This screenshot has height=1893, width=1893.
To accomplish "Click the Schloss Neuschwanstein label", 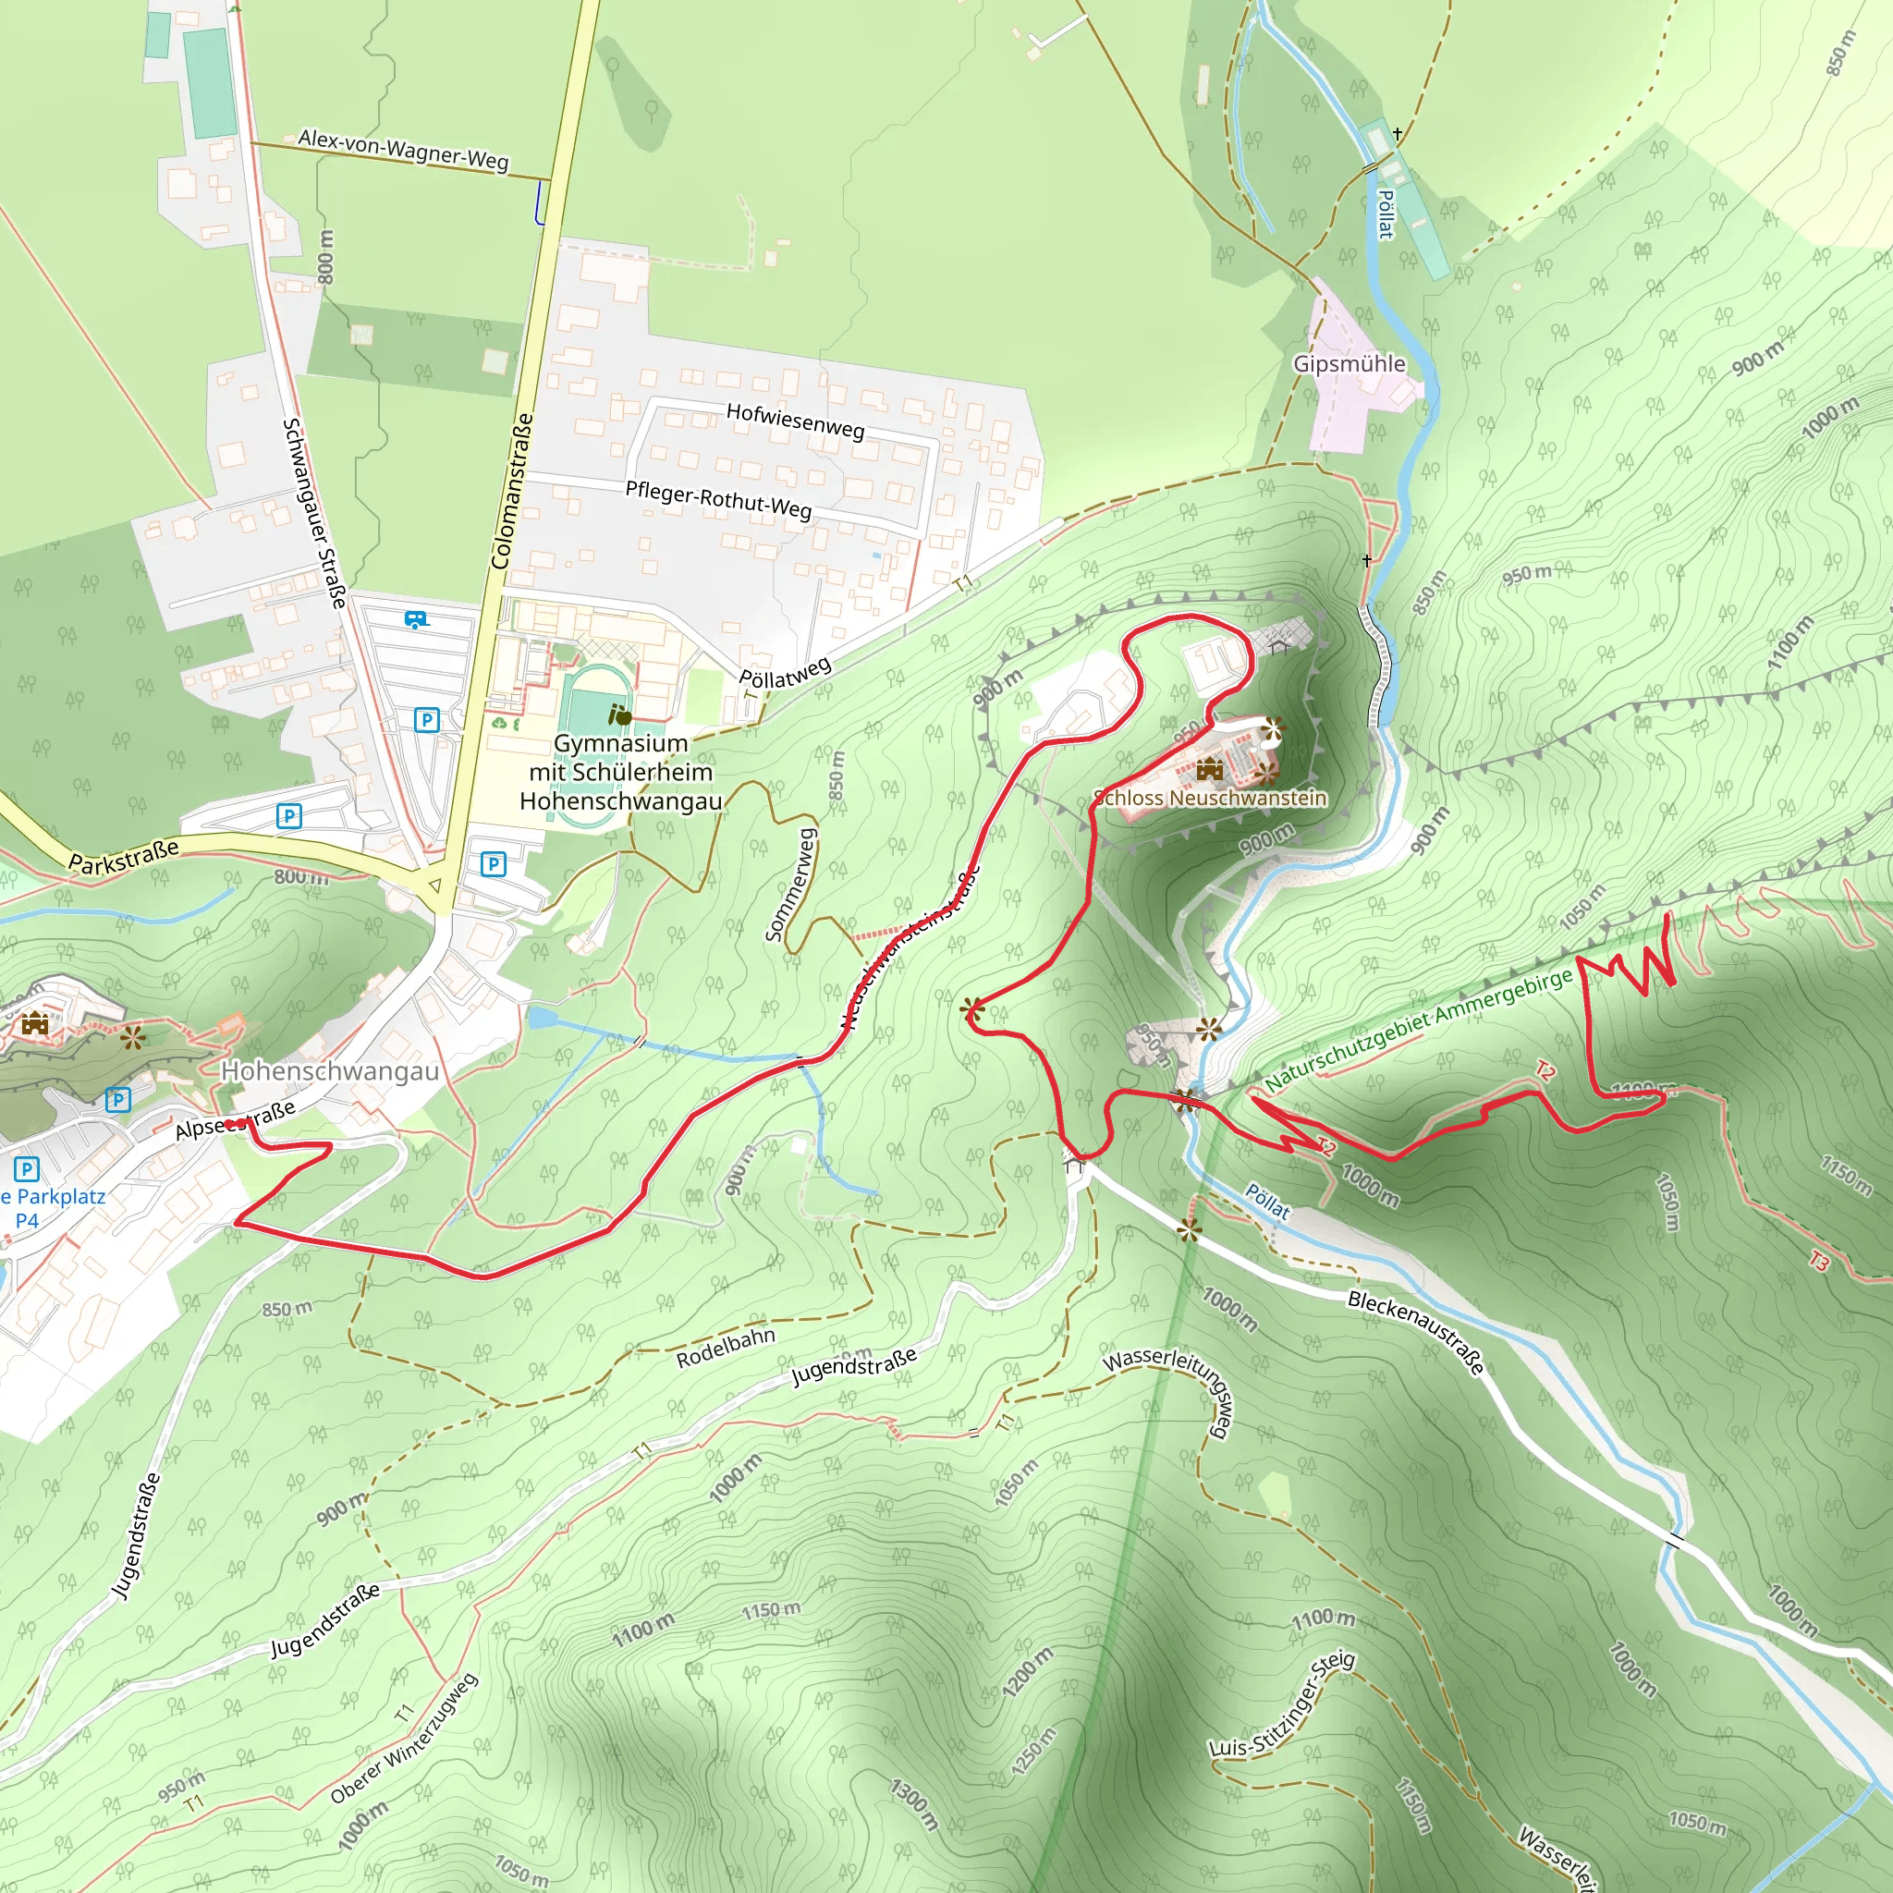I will [x=1210, y=798].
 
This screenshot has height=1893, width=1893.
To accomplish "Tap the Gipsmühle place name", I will [x=1350, y=363].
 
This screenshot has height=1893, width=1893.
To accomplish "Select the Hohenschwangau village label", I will [x=330, y=1071].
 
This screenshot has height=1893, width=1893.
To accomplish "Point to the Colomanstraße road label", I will [x=512, y=491].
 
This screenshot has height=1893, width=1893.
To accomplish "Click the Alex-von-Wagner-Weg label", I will [x=404, y=150].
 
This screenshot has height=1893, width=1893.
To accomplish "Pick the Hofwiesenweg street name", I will [x=796, y=421].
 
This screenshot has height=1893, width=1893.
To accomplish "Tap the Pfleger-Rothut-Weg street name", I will [x=718, y=500].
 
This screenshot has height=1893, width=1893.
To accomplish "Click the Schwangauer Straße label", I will [x=314, y=512].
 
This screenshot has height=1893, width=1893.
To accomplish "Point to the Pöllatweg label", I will [x=785, y=672].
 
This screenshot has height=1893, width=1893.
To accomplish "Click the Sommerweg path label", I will [x=790, y=885].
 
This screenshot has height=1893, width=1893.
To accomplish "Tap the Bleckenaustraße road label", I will [x=1416, y=1333].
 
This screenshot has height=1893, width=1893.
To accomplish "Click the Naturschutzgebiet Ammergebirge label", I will [x=1418, y=1030].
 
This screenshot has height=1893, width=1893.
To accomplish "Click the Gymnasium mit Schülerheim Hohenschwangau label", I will [x=621, y=772].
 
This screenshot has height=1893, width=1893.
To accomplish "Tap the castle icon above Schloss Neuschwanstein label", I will [x=1210, y=769].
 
